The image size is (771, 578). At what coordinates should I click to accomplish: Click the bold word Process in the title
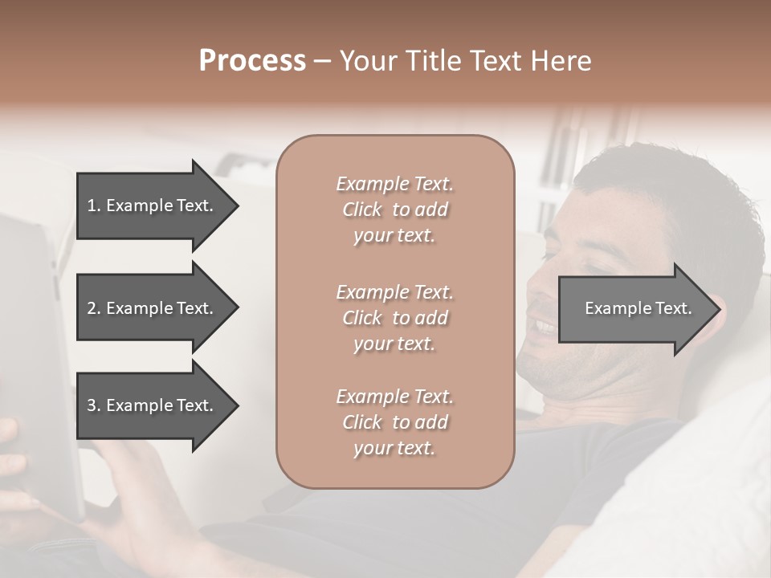click(x=252, y=61)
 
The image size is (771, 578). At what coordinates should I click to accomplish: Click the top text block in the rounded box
click(x=394, y=210)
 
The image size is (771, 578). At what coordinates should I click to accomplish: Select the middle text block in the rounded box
click(x=394, y=318)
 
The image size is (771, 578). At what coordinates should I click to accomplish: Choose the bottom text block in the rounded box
click(x=394, y=422)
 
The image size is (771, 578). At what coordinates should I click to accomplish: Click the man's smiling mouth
click(x=544, y=327)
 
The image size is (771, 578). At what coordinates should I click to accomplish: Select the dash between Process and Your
click(x=322, y=62)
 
